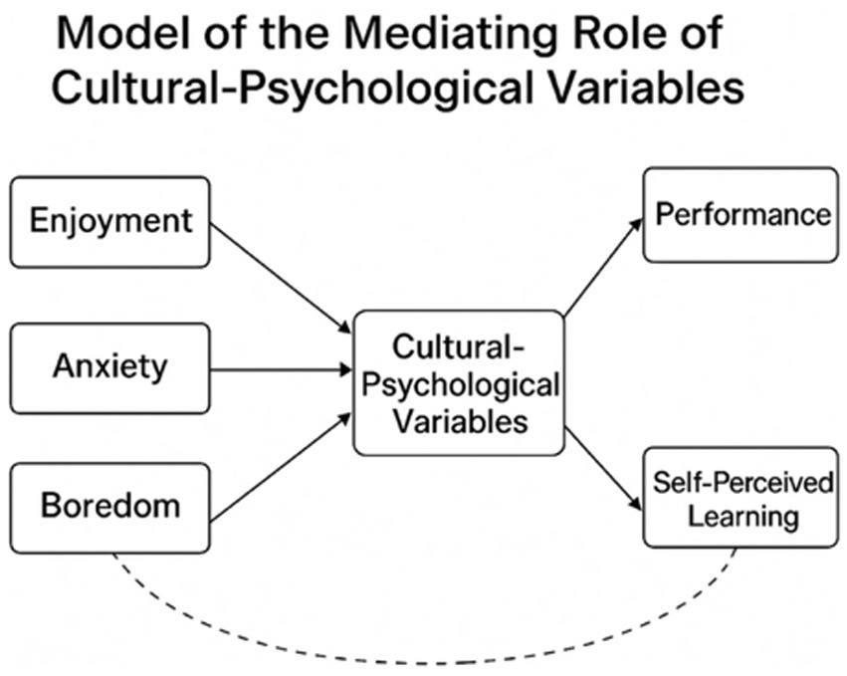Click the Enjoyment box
point(109,221)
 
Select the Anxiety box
point(109,367)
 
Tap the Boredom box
point(109,506)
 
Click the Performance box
point(740,215)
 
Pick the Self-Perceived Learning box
point(740,497)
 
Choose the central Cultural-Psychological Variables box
point(458,383)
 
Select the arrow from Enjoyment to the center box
point(281,277)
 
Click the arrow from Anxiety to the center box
point(281,369)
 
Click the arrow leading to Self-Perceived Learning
point(603,468)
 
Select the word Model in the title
point(116,36)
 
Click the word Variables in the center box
point(458,420)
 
